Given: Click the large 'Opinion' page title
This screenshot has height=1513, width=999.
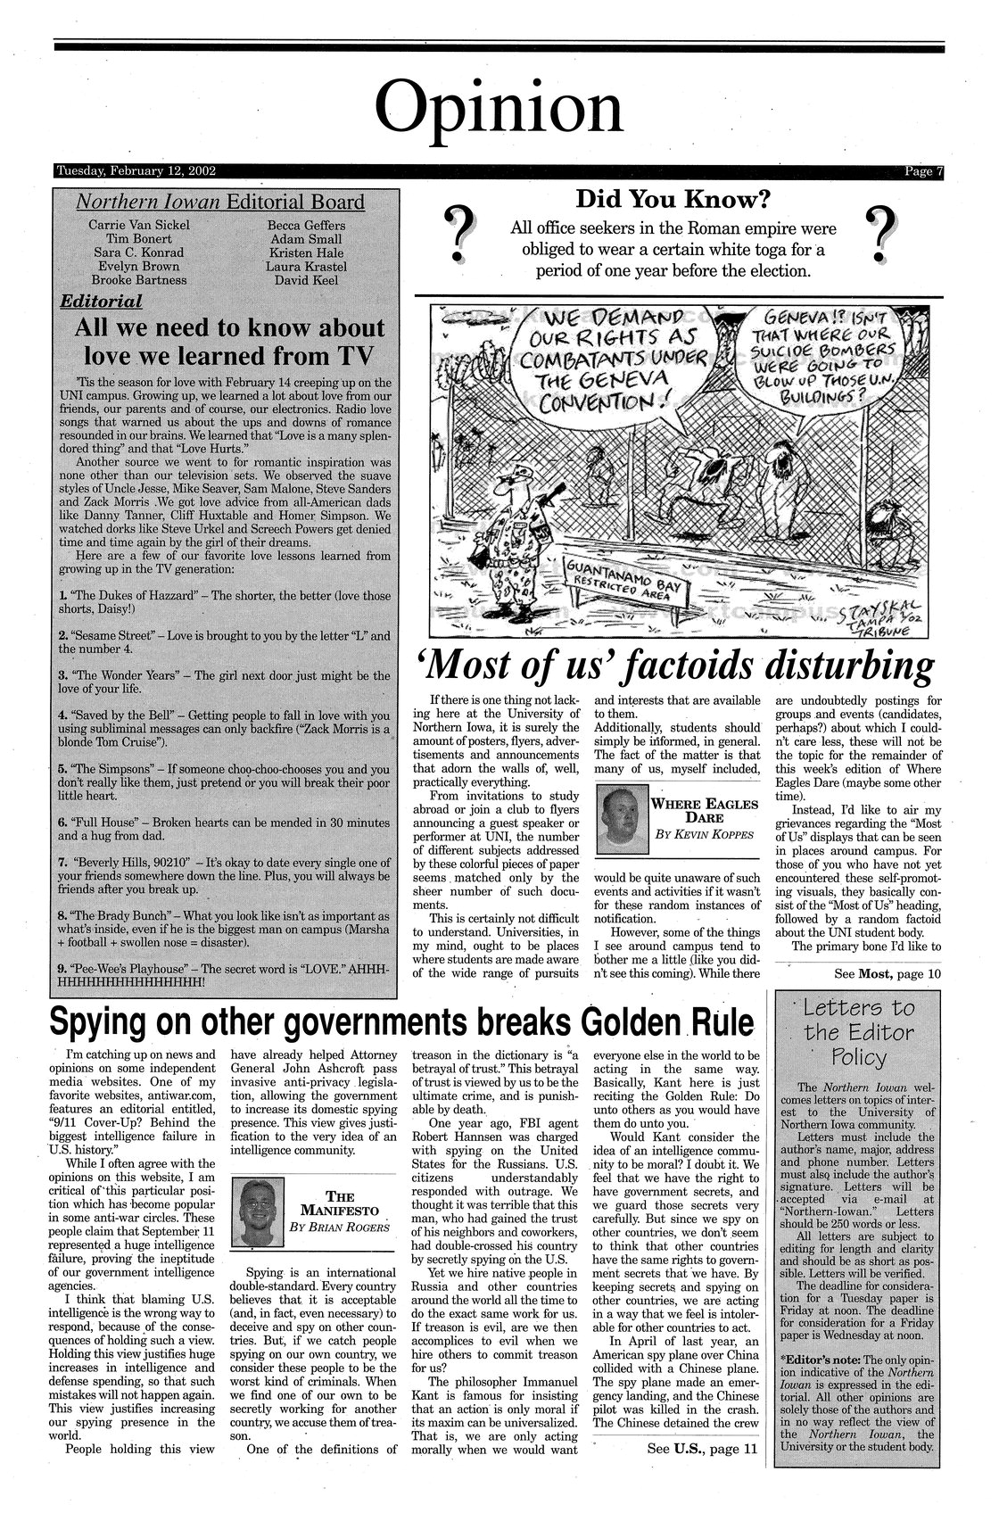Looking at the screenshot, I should (x=498, y=107).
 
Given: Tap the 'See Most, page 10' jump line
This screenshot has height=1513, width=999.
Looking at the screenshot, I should (x=887, y=972).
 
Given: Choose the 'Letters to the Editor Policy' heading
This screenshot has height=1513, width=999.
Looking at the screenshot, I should (x=859, y=1033).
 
